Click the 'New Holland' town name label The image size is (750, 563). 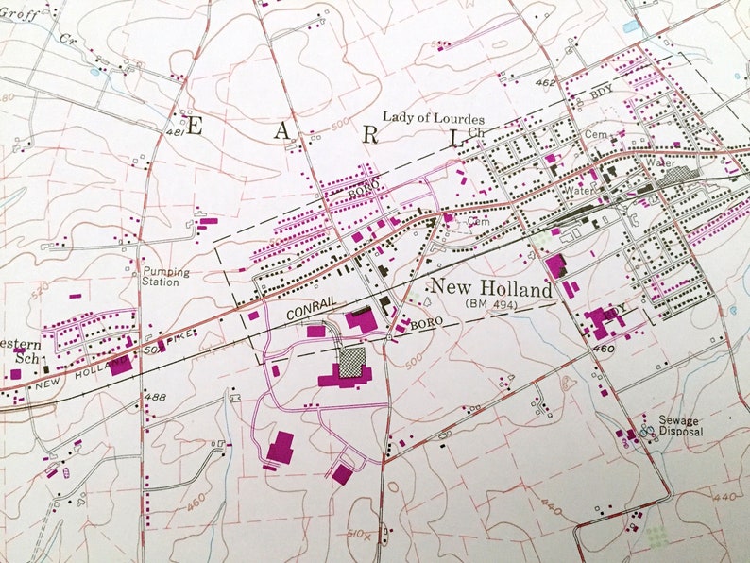(490, 288)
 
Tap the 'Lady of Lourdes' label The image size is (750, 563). (434, 118)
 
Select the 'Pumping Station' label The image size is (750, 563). (165, 277)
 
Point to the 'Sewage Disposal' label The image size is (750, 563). (683, 425)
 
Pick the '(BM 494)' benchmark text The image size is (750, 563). (493, 304)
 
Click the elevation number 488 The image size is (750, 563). (156, 396)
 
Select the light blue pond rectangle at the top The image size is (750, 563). (630, 26)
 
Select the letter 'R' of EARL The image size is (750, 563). (371, 134)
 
